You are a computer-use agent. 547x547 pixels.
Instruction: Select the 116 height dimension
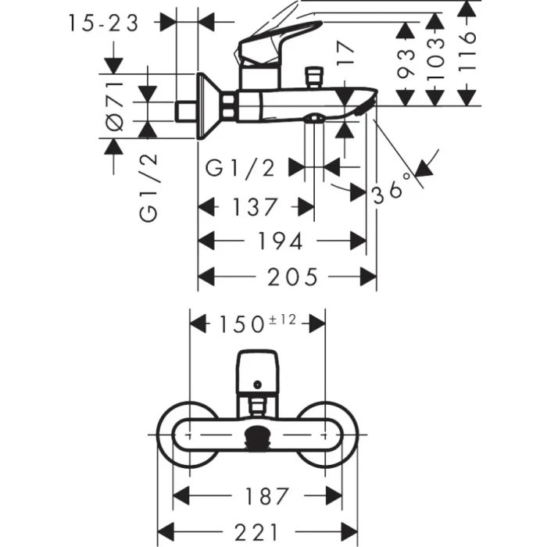click(467, 51)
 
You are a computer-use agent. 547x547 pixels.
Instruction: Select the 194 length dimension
click(279, 241)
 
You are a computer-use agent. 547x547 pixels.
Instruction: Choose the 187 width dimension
click(256, 495)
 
